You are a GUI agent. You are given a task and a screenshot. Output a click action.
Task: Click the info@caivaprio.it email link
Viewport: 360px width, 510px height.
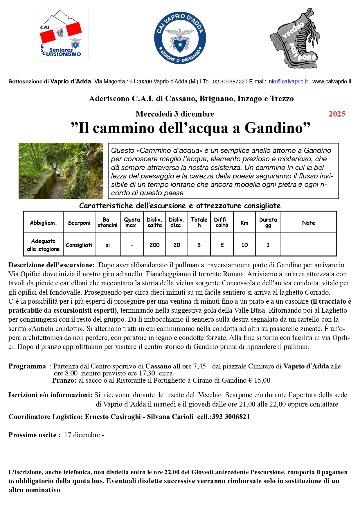coord(287,82)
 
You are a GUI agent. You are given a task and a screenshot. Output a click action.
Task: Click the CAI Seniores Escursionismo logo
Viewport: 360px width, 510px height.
coord(61,34)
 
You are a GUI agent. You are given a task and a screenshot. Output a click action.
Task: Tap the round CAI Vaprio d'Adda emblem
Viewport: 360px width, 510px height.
coord(180,38)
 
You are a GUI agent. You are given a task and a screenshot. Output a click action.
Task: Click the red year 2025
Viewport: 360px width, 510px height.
coord(337,114)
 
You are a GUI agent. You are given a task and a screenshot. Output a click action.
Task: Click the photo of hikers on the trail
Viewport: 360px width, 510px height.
coord(61,171)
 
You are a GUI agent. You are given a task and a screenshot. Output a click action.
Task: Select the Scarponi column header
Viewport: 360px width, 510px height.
coord(79,223)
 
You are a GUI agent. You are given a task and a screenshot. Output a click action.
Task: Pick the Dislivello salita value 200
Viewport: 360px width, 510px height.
coord(154,245)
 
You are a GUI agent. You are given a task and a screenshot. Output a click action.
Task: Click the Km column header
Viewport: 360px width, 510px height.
coord(244,223)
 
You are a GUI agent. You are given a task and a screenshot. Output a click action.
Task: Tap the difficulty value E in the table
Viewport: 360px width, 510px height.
coord(222,245)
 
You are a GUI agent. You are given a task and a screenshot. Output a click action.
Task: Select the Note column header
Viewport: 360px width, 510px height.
coord(308,223)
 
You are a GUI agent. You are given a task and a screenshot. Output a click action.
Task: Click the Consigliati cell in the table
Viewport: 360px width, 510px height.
coord(79,245)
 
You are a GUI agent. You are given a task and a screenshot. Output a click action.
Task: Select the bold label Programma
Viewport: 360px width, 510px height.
coord(27,366)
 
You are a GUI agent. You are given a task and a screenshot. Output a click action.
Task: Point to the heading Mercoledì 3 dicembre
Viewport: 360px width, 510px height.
coord(175,114)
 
